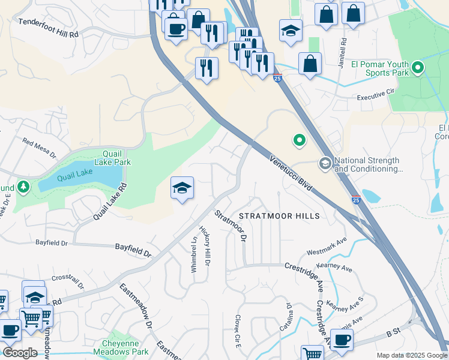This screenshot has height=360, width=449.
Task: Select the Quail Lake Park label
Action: coord(112,158)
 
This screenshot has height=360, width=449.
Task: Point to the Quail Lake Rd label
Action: coord(111,201)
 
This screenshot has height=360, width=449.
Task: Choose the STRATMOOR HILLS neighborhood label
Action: coord(279,215)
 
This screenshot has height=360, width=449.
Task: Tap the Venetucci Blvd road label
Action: coord(291,173)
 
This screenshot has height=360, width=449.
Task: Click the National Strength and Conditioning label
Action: coord(367,165)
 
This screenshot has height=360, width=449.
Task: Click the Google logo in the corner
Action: coord(20,353)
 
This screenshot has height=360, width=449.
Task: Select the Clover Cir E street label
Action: coord(238,332)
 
